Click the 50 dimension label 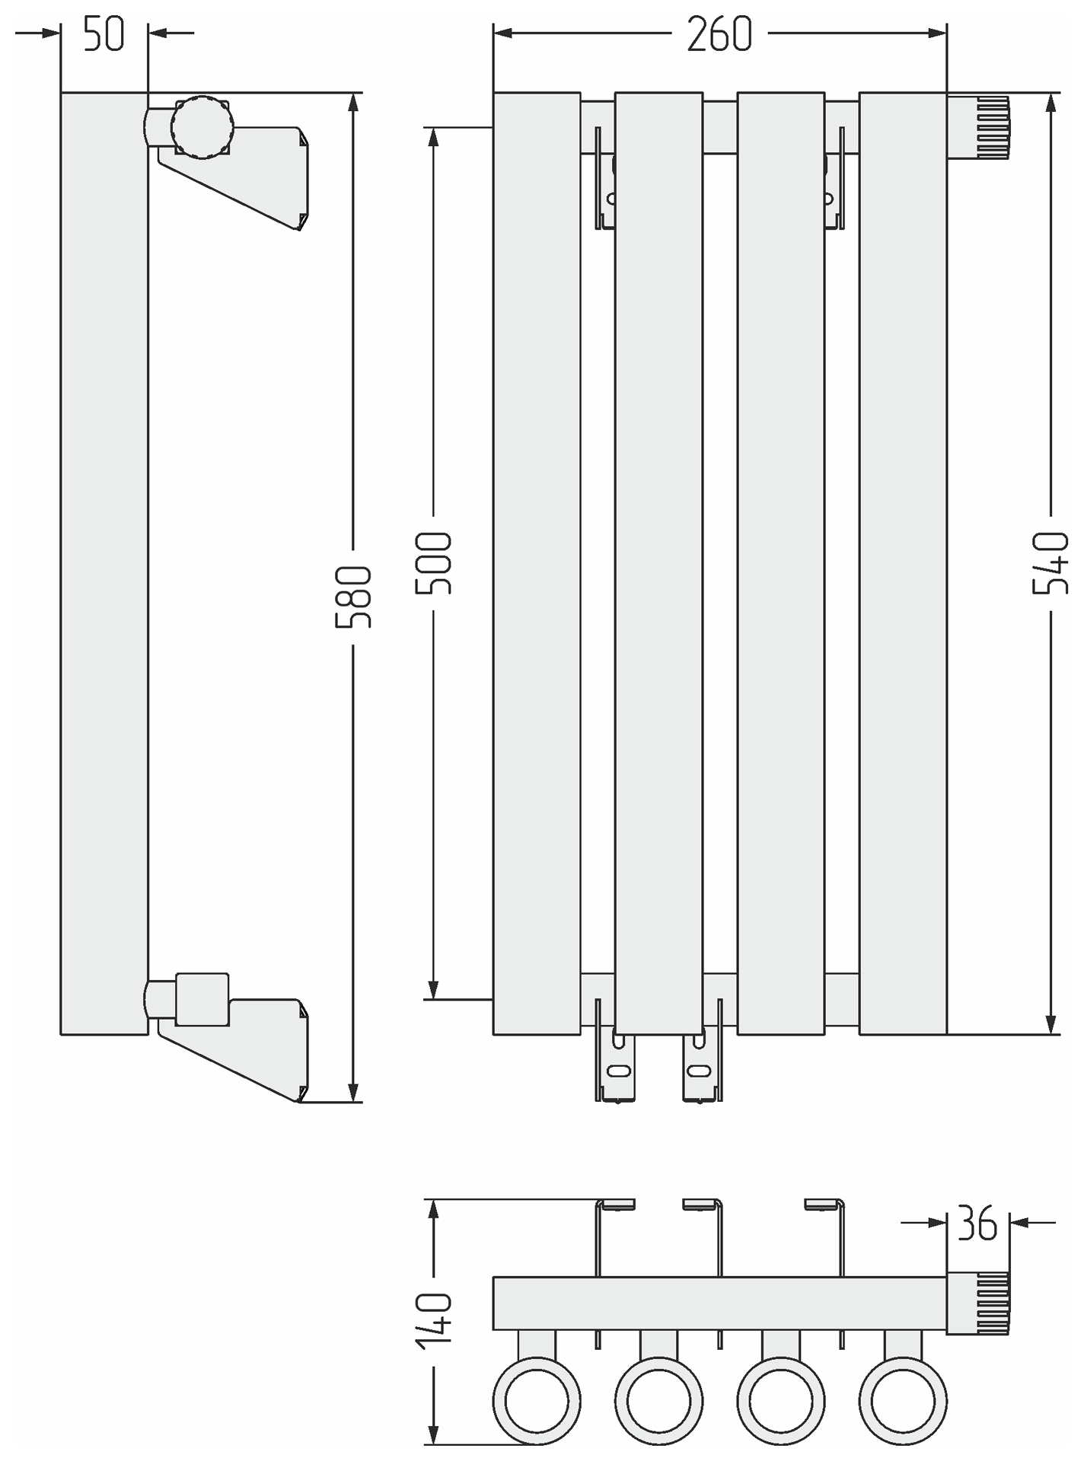pyautogui.click(x=104, y=35)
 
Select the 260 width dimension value pyautogui.click(x=719, y=35)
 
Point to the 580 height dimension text pyautogui.click(x=354, y=597)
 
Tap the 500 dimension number pyautogui.click(x=434, y=563)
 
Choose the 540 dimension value pyautogui.click(x=1051, y=563)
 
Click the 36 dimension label pyautogui.click(x=977, y=1224)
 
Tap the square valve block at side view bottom pyautogui.click(x=202, y=998)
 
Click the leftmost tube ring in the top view pyautogui.click(x=537, y=1401)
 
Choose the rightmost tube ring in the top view pyautogui.click(x=903, y=1401)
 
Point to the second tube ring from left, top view pyautogui.click(x=658, y=1401)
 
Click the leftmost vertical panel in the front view pyautogui.click(x=537, y=563)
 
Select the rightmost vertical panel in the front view pyautogui.click(x=903, y=563)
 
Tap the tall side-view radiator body pyautogui.click(x=104, y=563)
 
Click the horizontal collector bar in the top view pyautogui.click(x=719, y=1303)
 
